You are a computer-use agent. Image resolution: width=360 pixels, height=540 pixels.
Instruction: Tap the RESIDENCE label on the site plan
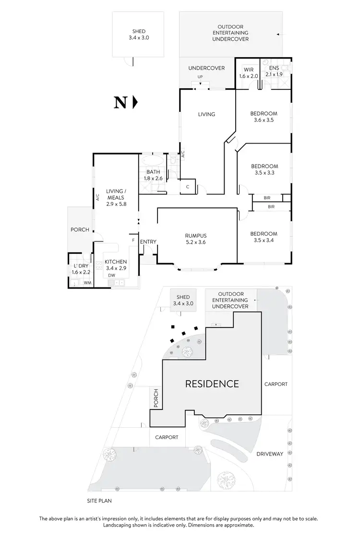click(212, 384)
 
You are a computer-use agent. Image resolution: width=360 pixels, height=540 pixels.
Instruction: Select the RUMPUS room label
click(196, 236)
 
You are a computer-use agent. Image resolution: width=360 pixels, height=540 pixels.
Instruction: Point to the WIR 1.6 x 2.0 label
click(248, 73)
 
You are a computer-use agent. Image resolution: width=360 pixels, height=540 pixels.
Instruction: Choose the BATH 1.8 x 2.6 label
click(153, 175)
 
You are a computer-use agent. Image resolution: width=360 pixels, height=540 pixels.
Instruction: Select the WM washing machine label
click(87, 283)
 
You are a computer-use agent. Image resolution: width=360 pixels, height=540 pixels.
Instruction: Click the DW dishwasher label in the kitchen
click(111, 276)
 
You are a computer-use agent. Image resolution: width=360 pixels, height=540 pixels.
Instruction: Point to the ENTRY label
click(148, 241)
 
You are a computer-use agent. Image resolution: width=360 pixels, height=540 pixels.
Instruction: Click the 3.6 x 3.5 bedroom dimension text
click(264, 120)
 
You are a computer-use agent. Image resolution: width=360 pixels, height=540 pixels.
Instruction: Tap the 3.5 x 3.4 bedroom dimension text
click(264, 240)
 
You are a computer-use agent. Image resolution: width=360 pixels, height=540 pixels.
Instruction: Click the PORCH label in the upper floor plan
click(80, 229)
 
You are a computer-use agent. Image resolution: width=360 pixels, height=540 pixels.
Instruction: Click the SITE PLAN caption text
click(100, 500)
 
